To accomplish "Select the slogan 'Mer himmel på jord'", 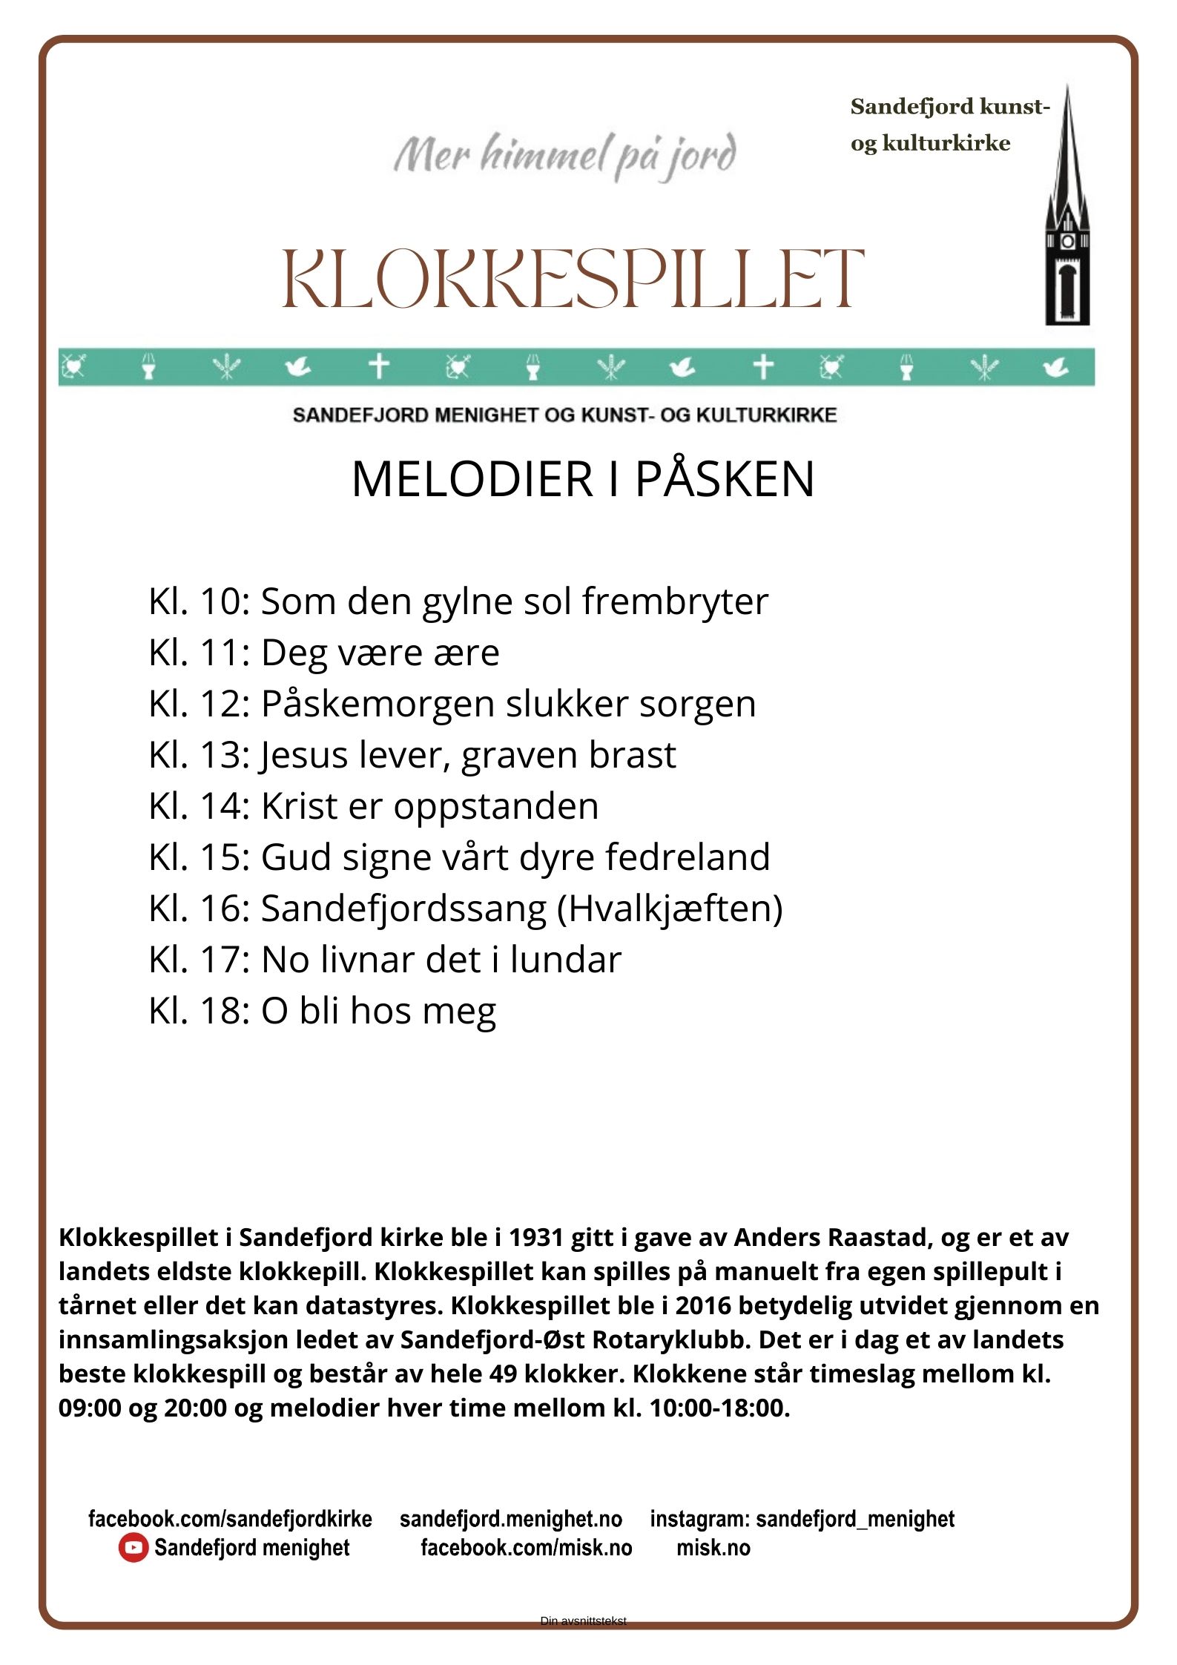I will pyautogui.click(x=565, y=156).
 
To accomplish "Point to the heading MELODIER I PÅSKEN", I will pyautogui.click(x=583, y=479).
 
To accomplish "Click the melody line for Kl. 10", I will pyautogui.click(x=458, y=601).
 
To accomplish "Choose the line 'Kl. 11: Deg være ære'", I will pyautogui.click(x=323, y=653).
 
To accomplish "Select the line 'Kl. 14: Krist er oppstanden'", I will pyautogui.click(x=373, y=806).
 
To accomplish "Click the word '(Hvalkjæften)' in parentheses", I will pyautogui.click(x=669, y=909).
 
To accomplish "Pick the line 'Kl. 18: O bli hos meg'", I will pyautogui.click(x=322, y=1011).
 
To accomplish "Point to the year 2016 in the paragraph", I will pyautogui.click(x=707, y=1306).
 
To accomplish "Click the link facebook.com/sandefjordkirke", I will pyautogui.click(x=230, y=1519).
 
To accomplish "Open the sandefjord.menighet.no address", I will pyautogui.click(x=511, y=1519).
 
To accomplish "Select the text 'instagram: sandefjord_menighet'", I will pyautogui.click(x=802, y=1519).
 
